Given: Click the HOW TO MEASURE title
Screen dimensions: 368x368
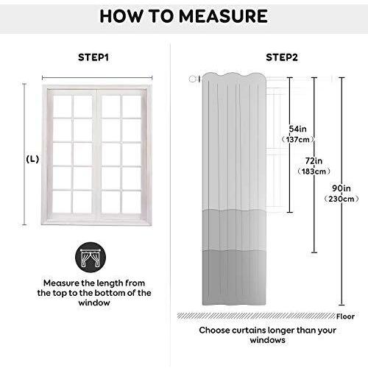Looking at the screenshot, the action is (183, 16).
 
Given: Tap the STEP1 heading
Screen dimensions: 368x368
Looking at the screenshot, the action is (93, 57).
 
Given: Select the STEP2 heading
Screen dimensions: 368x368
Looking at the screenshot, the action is (282, 57).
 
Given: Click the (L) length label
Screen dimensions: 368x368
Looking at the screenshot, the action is (32, 160).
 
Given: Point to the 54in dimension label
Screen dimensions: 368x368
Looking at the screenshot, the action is (297, 129).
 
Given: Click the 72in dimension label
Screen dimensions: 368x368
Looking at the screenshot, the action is (314, 161).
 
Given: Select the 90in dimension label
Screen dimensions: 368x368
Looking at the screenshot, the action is (342, 188).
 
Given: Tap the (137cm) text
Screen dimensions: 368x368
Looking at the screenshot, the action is (298, 140).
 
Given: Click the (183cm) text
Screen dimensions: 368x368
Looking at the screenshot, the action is (314, 171).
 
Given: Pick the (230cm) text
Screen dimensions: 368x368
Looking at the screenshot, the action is (342, 199).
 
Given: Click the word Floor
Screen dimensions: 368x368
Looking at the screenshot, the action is (345, 316).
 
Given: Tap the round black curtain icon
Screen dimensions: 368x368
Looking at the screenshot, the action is (91, 258).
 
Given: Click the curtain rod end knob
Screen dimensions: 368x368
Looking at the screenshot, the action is (193, 79).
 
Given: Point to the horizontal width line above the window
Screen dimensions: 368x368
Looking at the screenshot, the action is (97, 78).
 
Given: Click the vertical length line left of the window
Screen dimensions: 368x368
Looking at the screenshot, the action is (24, 154).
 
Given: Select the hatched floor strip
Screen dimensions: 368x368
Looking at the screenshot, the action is (256, 316).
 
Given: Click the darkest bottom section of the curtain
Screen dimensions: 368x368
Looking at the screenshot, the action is (234, 277).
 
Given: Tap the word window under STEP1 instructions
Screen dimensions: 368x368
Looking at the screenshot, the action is (94, 302).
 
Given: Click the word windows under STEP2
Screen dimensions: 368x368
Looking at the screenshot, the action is (267, 340).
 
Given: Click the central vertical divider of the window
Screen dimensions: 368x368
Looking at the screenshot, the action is (97, 155).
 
